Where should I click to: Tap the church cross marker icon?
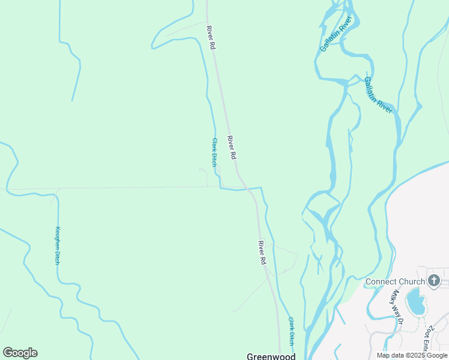pyautogui.click(x=434, y=280)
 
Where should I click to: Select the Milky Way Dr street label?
pyautogui.click(x=396, y=307)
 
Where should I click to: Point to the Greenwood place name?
pyautogui.click(x=271, y=356)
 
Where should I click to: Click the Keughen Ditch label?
pyautogui.click(x=58, y=245)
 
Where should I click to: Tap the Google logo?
pyautogui.click(x=20, y=353)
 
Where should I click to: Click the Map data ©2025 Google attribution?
pyautogui.click(x=412, y=355)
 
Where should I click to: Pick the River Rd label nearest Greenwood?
pyautogui.click(x=262, y=253)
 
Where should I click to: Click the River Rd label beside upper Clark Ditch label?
pyautogui.click(x=232, y=148)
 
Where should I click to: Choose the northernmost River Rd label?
pyautogui.click(x=210, y=37)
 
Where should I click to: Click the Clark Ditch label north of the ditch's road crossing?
pyautogui.click(x=214, y=152)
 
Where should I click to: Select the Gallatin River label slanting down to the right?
pyautogui.click(x=378, y=95)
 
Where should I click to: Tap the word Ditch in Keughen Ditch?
pyautogui.click(x=58, y=256)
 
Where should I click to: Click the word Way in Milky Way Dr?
pyautogui.click(x=396, y=307)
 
